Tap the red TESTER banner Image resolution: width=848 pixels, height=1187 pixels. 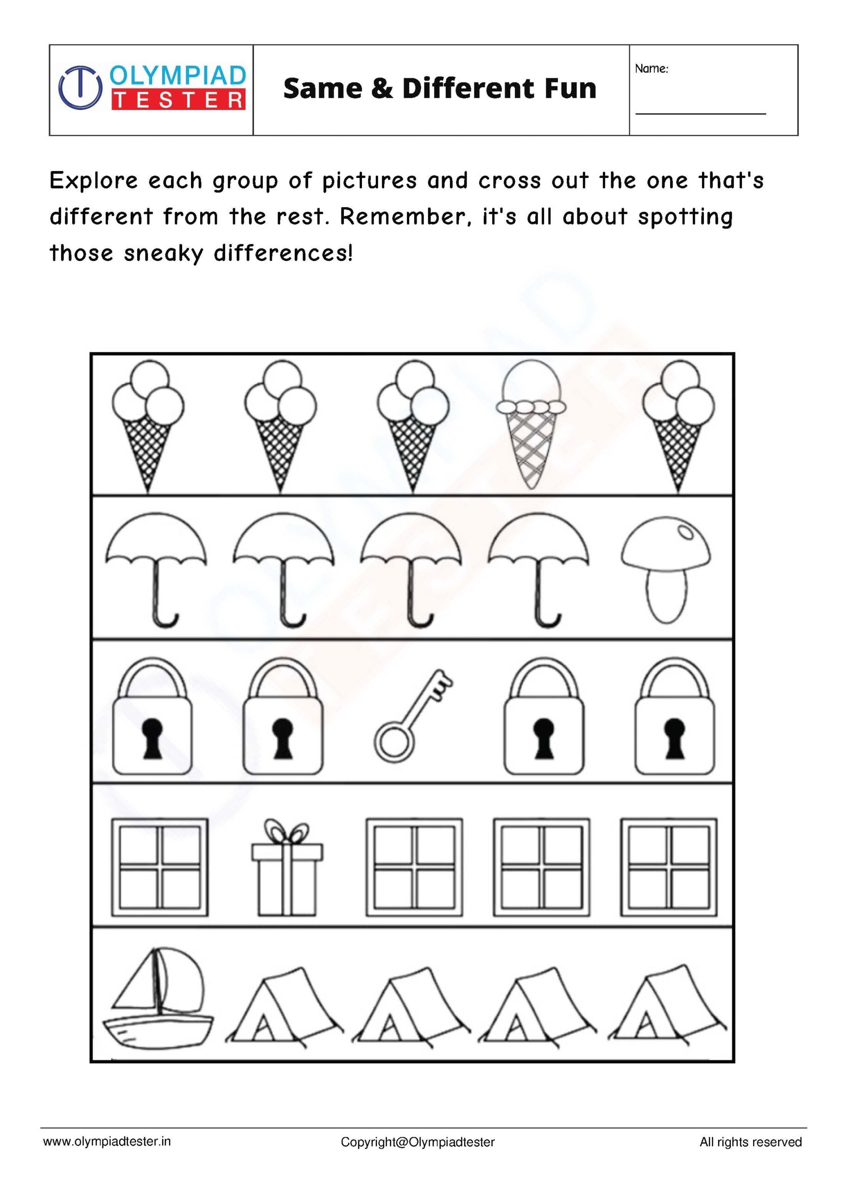pos(178,100)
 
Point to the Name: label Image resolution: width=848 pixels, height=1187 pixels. pos(651,69)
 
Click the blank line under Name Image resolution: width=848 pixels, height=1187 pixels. pos(700,113)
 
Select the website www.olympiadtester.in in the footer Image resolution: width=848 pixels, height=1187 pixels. pos(107,1142)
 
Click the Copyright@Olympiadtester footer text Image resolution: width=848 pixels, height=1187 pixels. pos(417,1142)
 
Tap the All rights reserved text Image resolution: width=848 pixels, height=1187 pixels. pos(750,1142)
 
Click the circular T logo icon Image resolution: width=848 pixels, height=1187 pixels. pos(80,87)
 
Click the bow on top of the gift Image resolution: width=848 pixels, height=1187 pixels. pos(287,832)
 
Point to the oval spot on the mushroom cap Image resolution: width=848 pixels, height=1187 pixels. pos(684,532)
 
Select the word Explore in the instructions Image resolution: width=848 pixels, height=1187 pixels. pos(94,181)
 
